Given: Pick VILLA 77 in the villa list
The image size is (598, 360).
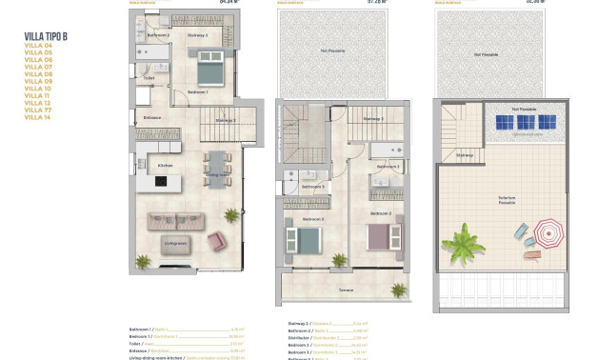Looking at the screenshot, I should click(x=38, y=110).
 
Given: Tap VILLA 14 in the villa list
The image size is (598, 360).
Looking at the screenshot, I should click(x=38, y=117).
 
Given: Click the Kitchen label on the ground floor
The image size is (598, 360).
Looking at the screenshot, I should click(x=164, y=166).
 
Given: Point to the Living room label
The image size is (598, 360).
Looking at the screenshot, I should click(x=174, y=243).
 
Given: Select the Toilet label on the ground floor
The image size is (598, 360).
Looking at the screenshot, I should click(x=149, y=78).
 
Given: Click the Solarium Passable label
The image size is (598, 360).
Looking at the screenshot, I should click(x=507, y=200).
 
